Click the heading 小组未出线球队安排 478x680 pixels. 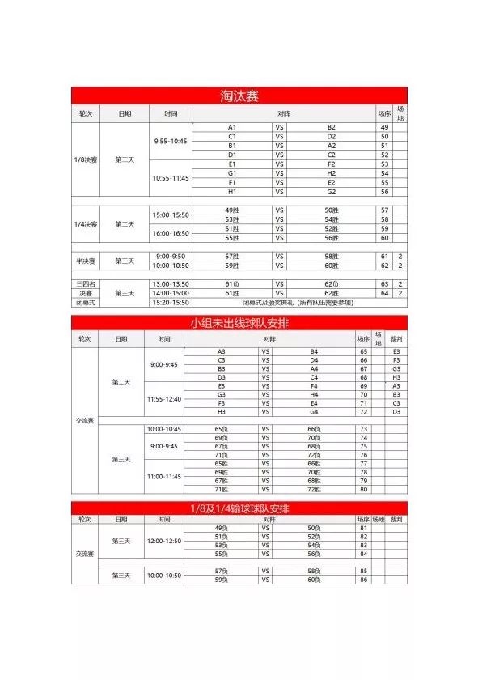coord(239,323)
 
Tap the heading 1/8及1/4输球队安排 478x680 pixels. coord(239,508)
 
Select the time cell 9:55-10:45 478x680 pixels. coord(170,141)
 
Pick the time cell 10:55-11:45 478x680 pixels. coord(170,178)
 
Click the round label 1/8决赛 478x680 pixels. coord(86,159)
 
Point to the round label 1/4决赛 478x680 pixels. coord(86,224)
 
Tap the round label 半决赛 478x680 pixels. coord(86,261)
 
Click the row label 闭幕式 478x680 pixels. coord(86,302)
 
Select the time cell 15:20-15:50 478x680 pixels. coord(170,302)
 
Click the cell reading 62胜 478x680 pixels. coord(331,293)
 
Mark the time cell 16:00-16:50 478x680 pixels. coord(170,233)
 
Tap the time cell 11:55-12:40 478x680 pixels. coord(164,399)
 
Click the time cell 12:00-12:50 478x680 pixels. coord(164,541)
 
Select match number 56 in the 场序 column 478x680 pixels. coord(384,192)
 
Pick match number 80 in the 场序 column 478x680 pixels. coord(363,489)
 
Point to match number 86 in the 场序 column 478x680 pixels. coord(363,580)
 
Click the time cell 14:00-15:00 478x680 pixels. coord(170,293)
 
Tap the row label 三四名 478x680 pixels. coord(86,284)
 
